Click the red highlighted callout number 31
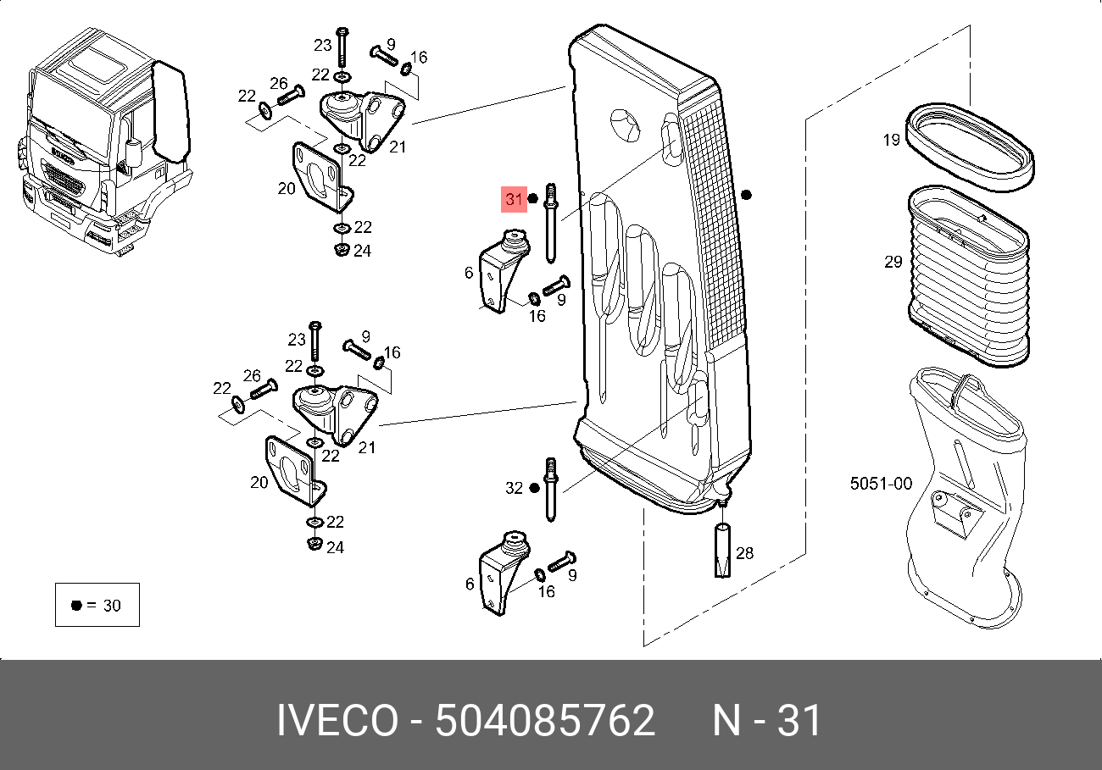tap(515, 200)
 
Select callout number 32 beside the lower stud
tap(515, 488)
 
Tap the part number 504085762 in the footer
tap(544, 722)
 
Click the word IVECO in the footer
tap(337, 722)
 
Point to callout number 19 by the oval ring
tap(891, 140)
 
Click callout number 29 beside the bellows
tap(893, 262)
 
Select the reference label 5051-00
tap(881, 484)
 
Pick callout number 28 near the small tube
tap(744, 554)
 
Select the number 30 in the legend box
tap(111, 605)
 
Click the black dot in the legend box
tap(76, 605)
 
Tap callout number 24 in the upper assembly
tap(363, 251)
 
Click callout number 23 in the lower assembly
tap(296, 340)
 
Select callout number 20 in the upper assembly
tap(287, 188)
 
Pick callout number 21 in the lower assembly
tap(366, 447)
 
